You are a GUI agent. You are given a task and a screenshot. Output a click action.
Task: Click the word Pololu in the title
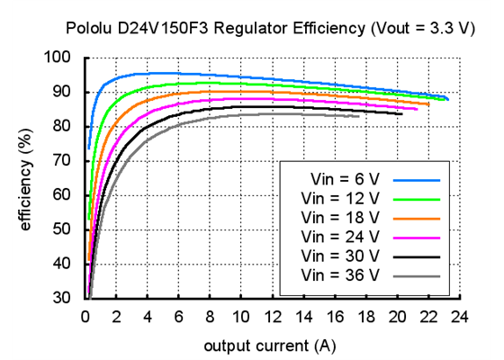tap(87, 29)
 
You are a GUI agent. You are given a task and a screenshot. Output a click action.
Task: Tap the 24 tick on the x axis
tap(461, 316)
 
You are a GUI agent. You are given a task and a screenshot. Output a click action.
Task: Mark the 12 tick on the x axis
tap(273, 316)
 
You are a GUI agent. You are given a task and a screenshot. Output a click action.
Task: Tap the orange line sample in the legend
tap(417, 218)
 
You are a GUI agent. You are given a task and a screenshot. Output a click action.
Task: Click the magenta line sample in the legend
tap(417, 237)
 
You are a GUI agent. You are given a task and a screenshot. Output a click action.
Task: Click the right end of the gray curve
tap(358, 116)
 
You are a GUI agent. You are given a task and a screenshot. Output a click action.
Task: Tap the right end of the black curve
tap(401, 113)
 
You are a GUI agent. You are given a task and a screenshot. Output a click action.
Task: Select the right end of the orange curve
tap(428, 104)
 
